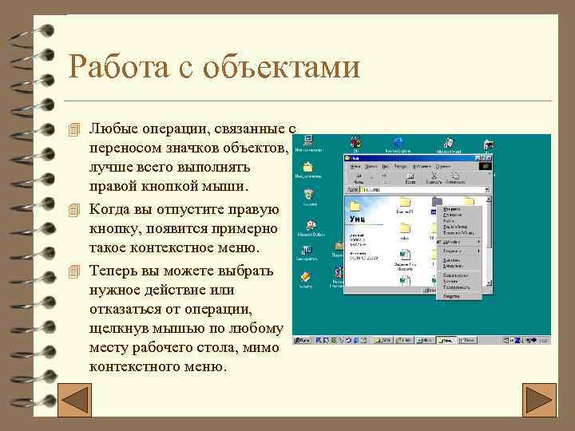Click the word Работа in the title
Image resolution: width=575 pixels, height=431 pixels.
coord(114,67)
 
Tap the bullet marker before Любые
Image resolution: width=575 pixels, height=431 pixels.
coord(75,129)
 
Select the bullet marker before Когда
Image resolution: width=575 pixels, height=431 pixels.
coord(75,210)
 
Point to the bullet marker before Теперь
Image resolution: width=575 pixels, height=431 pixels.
coord(75,270)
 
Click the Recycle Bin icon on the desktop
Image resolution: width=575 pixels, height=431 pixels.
coord(308,196)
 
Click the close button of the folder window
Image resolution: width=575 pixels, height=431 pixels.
coord(485,157)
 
